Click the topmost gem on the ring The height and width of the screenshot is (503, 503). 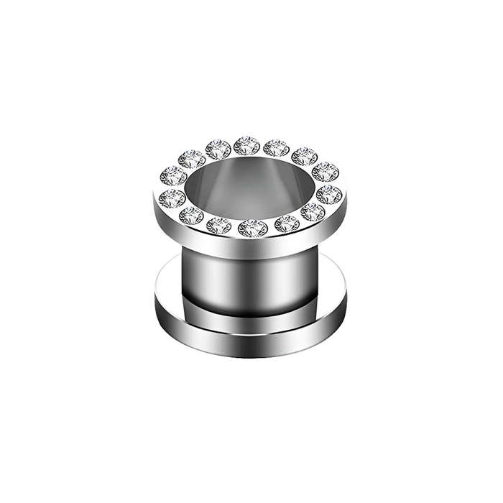[246, 145]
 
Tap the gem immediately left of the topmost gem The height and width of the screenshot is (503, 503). [217, 149]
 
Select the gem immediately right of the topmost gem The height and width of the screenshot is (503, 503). [275, 147]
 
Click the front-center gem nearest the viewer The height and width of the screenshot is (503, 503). [252, 229]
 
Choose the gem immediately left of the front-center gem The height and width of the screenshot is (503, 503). [218, 226]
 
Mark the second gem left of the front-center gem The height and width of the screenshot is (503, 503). [192, 215]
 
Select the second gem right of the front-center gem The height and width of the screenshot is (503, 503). [313, 211]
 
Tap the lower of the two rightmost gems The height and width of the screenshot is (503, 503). [329, 193]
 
